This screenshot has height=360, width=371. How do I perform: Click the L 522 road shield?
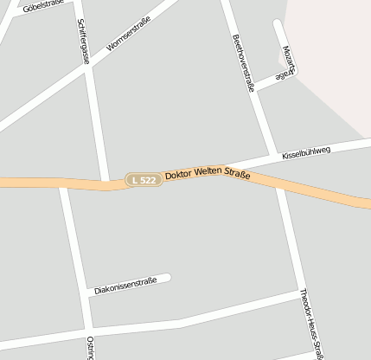pyautogui.click(x=143, y=179)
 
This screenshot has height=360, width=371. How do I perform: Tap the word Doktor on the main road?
pyautogui.click(x=180, y=176)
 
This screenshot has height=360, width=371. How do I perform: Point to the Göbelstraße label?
pyautogui.click(x=43, y=7)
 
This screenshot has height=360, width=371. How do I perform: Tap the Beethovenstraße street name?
pyautogui.click(x=244, y=61)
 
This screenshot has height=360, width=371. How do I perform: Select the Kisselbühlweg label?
pyautogui.click(x=306, y=152)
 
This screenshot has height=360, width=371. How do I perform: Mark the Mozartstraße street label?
pyautogui.click(x=288, y=60)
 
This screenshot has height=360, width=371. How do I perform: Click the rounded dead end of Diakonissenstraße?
pyautogui.click(x=166, y=278)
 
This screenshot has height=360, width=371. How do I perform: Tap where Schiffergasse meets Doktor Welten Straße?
pyautogui.click(x=108, y=183)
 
